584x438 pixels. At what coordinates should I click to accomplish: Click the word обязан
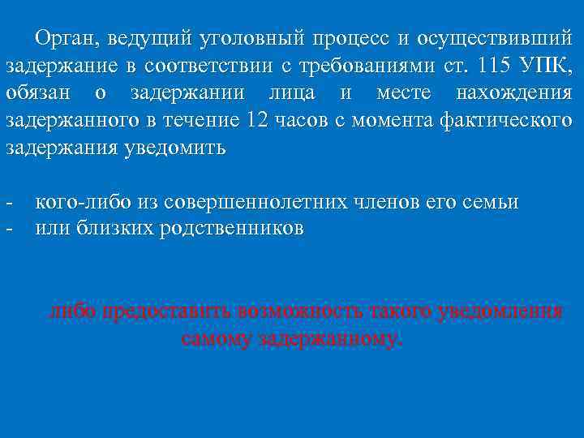[x=37, y=93]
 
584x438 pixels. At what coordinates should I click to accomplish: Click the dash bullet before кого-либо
[x=8, y=202]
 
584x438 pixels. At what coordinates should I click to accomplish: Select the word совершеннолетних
[x=260, y=202]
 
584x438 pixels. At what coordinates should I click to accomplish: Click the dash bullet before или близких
[x=8, y=229]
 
